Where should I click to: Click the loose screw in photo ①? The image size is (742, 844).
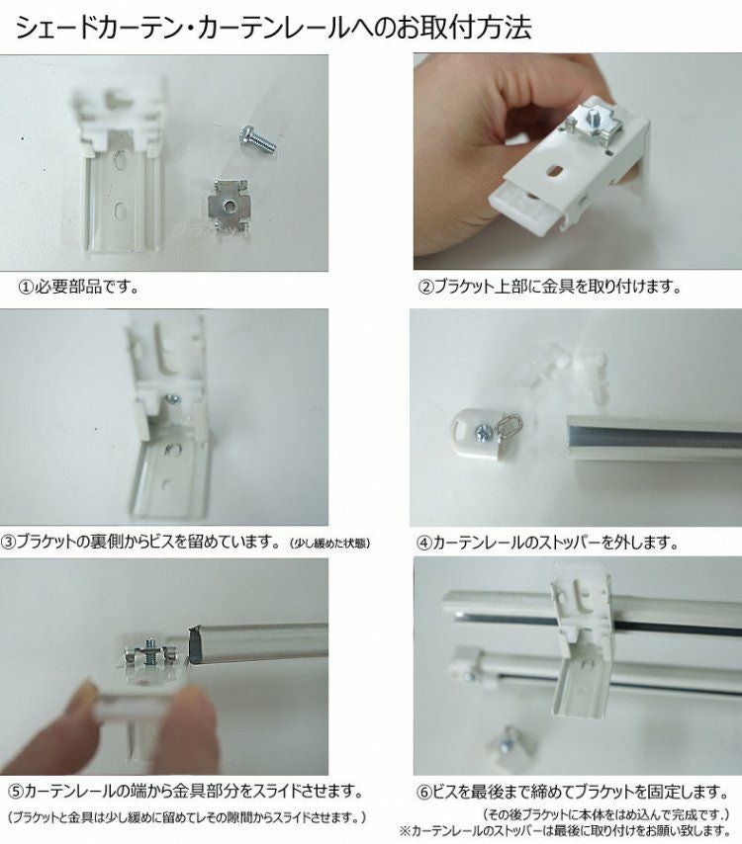click(256, 138)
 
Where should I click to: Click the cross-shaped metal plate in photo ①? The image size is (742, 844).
click(228, 206)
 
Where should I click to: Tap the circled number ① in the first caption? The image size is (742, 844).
click(26, 287)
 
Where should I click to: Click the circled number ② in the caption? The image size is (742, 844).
click(426, 287)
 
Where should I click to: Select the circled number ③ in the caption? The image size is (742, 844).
click(9, 542)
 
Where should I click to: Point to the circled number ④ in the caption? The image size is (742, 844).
click(424, 543)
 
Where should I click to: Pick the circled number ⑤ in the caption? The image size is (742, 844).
click(16, 792)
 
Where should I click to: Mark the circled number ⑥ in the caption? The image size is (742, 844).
click(424, 793)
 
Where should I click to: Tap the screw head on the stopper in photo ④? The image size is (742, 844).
click(482, 432)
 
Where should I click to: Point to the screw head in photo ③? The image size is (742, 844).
click(173, 399)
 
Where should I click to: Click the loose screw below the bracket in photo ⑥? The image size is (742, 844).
click(509, 742)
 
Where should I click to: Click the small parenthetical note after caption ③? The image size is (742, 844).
click(329, 544)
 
